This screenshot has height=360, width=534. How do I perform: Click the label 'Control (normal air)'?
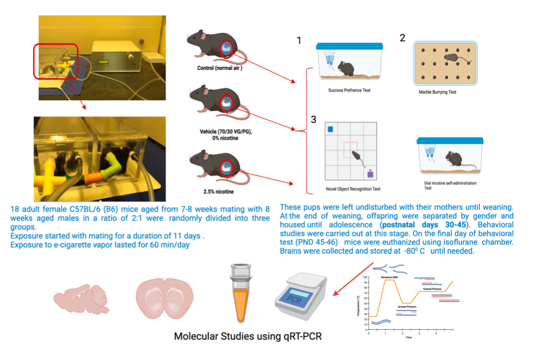pos(219,68)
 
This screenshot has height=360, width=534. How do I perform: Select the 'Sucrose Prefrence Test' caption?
pos(349,90)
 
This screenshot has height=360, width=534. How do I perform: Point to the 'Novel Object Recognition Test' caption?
pos(353,189)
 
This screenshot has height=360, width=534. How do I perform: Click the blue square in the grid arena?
pos(330,130)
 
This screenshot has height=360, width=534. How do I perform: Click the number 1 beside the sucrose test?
pos(299,40)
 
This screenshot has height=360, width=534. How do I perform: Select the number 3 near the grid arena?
pos(314,119)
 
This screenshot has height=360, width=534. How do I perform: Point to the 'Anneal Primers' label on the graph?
pos(408,307)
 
